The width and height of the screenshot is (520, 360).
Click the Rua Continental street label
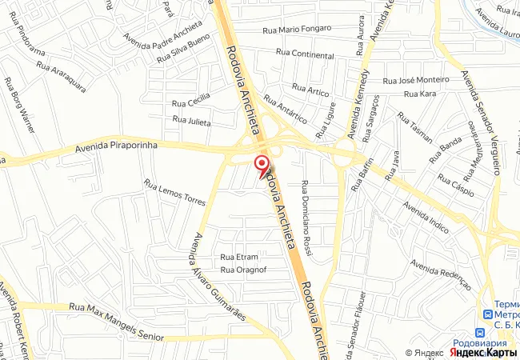point(305,54)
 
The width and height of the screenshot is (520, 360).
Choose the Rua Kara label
point(421,94)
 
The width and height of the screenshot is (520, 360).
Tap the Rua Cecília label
point(192,100)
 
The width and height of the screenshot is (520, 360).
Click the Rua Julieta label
point(192,121)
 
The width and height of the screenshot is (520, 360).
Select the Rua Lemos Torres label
point(174,193)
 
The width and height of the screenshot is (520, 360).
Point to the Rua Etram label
point(239,257)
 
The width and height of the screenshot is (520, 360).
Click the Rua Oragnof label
point(243,270)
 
